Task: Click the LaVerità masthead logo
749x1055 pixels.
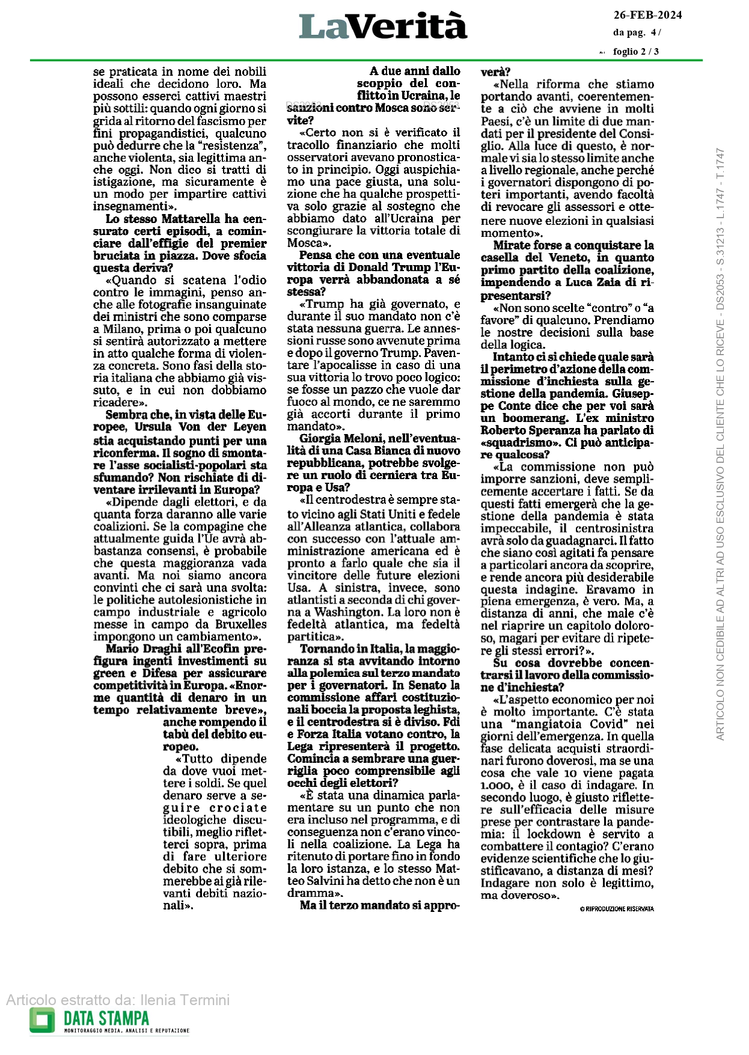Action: [x=383, y=26]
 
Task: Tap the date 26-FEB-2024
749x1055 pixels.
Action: [x=647, y=16]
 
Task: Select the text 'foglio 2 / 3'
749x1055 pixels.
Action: [x=635, y=52]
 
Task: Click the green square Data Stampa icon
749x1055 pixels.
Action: [x=42, y=1020]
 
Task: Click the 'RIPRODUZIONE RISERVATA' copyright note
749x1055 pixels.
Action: [x=617, y=909]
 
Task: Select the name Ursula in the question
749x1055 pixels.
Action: [x=153, y=427]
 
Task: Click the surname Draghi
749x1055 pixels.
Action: [x=162, y=649]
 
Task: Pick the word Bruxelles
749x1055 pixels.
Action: [x=239, y=624]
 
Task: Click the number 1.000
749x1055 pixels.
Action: [x=494, y=785]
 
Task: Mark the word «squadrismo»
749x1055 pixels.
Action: [x=510, y=442]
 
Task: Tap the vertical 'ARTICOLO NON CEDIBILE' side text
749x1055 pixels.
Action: [x=720, y=445]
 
